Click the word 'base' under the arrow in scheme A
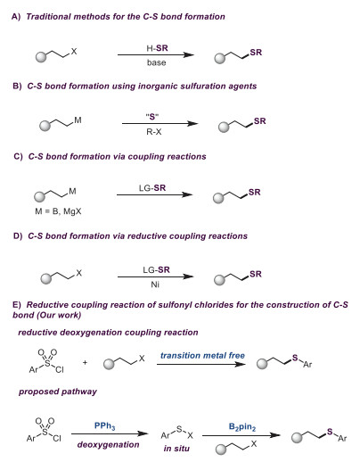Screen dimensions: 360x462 pyautogui.click(x=156, y=62)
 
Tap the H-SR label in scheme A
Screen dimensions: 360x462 pyautogui.click(x=157, y=48)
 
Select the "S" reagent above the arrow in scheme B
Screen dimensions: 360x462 pyautogui.click(x=152, y=117)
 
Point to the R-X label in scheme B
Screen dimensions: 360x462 pyautogui.click(x=154, y=132)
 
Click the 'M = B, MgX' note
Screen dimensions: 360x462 pyautogui.click(x=58, y=211)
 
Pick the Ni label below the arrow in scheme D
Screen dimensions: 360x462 pyautogui.click(x=155, y=285)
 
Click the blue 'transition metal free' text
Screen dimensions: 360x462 pyautogui.click(x=202, y=355)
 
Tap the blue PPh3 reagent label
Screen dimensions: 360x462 pyautogui.click(x=104, y=425)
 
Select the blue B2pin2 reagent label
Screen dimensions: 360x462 pyautogui.click(x=242, y=427)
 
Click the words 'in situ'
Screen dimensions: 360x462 pyautogui.click(x=176, y=448)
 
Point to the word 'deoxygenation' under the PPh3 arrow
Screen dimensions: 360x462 pyautogui.click(x=108, y=444)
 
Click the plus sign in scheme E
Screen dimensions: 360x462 pyautogui.click(x=85, y=362)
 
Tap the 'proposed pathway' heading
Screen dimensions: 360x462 pyautogui.click(x=58, y=392)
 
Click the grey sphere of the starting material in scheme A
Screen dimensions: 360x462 pyautogui.click(x=41, y=57)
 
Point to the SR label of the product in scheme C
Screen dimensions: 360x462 pyautogui.click(x=255, y=192)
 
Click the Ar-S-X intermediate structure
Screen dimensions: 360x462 pyautogui.click(x=176, y=433)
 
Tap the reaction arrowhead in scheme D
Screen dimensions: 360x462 pyautogui.click(x=188, y=276)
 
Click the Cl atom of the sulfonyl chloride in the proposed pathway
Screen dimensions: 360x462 pyautogui.click(x=57, y=438)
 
